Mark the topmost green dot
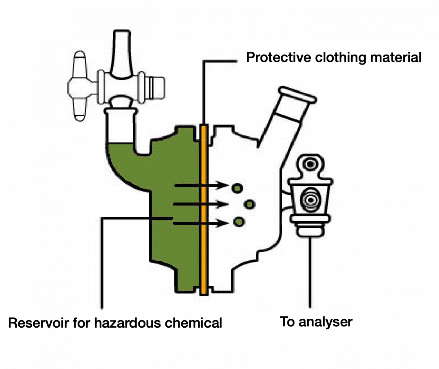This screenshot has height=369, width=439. pyautogui.click(x=237, y=188)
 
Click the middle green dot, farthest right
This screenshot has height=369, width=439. pyautogui.click(x=249, y=204)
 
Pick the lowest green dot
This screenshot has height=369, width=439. pyautogui.click(x=239, y=221)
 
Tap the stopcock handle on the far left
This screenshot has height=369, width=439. pyautogui.click(x=79, y=86)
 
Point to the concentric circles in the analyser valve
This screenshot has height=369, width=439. pyautogui.click(x=310, y=200)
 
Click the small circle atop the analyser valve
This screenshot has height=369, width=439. pyautogui.click(x=310, y=164)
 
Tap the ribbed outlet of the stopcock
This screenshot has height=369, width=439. pyautogui.click(x=155, y=87)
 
